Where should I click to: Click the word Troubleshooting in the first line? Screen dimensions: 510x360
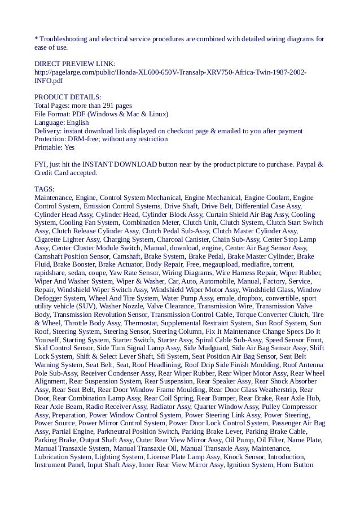(62, 39)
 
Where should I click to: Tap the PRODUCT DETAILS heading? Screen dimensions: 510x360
(68, 97)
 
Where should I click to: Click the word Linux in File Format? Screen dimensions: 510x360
(157, 114)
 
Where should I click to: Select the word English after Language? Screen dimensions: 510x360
(77, 122)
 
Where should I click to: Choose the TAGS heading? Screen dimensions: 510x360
(44, 189)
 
